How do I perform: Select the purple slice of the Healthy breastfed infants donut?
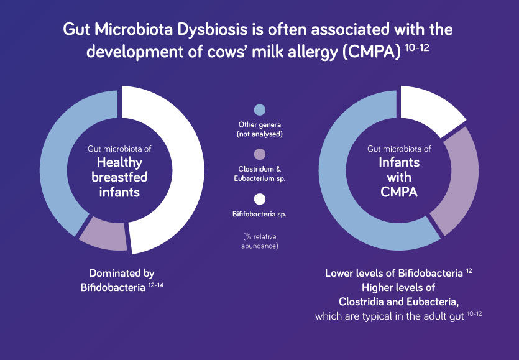(103, 233)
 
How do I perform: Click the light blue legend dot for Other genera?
(260, 110)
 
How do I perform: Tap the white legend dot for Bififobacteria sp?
(260, 200)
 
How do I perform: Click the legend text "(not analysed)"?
(260, 134)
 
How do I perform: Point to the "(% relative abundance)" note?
(260, 241)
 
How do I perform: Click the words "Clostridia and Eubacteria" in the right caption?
(398, 302)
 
